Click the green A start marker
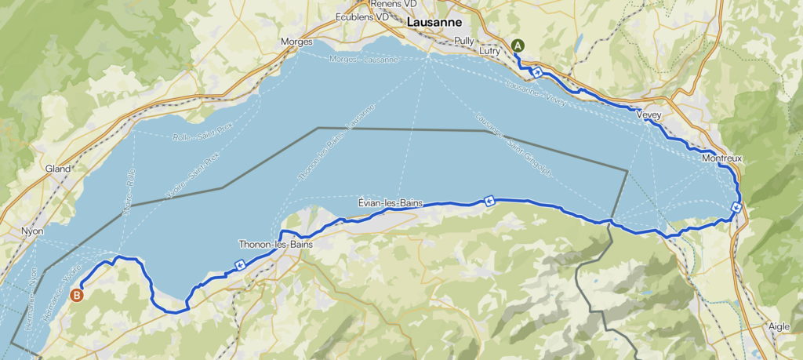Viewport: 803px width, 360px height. (518, 45)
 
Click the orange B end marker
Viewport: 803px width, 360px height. (76, 295)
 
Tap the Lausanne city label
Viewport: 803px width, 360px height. (433, 23)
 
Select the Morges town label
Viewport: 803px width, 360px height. (296, 42)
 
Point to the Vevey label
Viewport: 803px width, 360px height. (649, 115)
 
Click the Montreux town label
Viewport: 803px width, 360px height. (722, 158)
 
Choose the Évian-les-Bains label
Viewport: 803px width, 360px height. (390, 203)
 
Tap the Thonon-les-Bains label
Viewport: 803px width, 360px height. (276, 245)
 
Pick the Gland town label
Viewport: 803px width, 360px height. (58, 168)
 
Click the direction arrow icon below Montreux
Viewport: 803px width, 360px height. (736, 207)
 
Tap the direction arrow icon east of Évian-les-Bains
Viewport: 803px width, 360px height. (489, 201)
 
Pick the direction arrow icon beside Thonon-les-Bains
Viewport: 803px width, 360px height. (238, 265)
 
